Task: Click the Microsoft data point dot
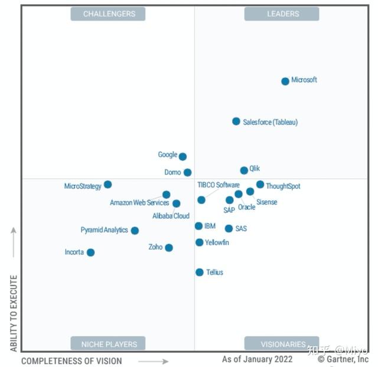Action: tap(285, 81)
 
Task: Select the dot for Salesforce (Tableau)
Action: tap(236, 122)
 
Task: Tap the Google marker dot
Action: tap(183, 156)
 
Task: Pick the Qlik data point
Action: tap(244, 171)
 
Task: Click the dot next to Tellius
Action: tap(200, 272)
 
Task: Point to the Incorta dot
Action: tap(90, 253)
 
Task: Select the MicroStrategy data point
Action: tap(107, 185)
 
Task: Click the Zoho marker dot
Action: tap(169, 248)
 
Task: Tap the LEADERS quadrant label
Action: tap(282, 14)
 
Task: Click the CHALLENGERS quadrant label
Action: tap(108, 14)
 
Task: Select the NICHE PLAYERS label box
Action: tap(108, 343)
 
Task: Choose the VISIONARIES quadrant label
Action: tap(282, 343)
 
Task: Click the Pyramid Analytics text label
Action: tap(105, 230)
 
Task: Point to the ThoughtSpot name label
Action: tap(283, 186)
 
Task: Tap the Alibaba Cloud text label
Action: tap(171, 216)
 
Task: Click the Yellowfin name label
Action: tap(217, 243)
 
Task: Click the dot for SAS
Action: tap(229, 228)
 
